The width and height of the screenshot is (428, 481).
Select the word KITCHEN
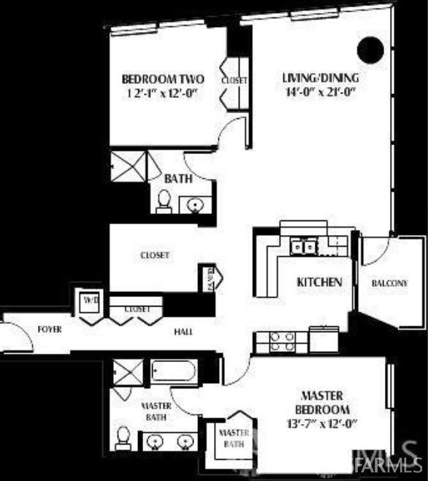[x=319, y=281]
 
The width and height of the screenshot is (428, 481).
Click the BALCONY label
[x=389, y=282]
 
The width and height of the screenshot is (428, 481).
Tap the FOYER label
[x=50, y=329]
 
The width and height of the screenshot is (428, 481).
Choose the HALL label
[x=183, y=332]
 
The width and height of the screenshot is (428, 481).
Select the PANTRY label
[x=212, y=277]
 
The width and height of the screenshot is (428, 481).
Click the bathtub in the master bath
[x=175, y=373]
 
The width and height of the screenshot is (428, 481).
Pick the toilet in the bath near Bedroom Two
[x=164, y=201]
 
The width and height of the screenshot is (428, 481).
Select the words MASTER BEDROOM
[x=322, y=403]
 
